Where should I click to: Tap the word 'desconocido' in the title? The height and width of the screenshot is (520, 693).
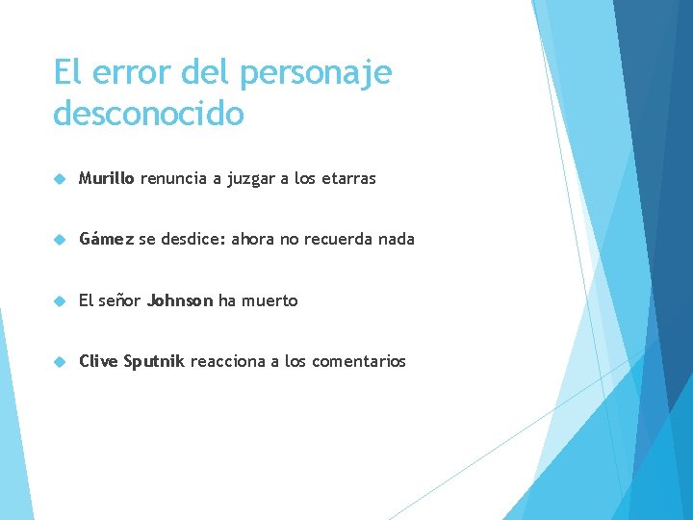(149, 114)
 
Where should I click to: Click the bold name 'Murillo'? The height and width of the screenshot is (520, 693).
(108, 178)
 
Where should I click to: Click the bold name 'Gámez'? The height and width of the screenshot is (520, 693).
(106, 239)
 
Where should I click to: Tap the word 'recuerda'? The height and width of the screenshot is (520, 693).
(340, 239)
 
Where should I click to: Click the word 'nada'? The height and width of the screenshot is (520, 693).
(397, 239)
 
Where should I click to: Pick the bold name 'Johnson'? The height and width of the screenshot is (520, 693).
(180, 300)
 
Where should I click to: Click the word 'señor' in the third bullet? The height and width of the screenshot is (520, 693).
(119, 300)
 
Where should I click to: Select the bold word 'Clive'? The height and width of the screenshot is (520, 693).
(98, 361)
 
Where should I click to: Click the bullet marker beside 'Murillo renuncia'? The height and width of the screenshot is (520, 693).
(60, 179)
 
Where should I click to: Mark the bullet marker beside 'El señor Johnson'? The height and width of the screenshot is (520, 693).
(60, 300)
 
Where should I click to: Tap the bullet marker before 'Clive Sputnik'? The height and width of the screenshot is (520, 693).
(60, 362)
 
